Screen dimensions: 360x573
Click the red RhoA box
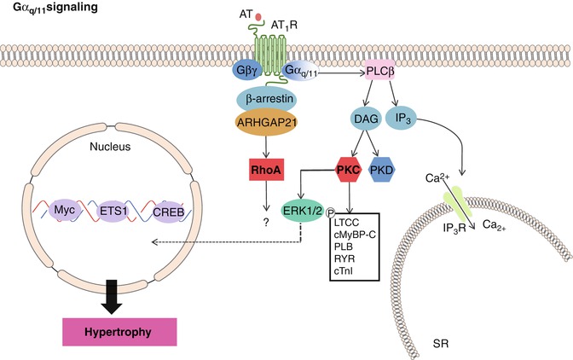pos(260,171)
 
